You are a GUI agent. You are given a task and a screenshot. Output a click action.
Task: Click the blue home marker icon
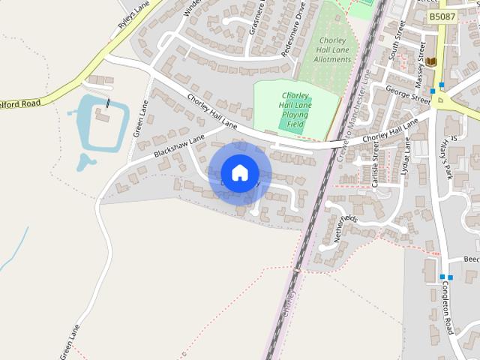pos(239,172)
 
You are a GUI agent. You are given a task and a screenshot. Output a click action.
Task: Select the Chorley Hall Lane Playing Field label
pos(295,109)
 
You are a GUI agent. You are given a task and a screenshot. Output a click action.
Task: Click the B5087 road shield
pos(442,16)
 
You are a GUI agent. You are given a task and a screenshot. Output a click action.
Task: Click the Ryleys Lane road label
pos(133,15)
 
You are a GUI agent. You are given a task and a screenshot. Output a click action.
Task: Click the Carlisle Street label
pos(373,161)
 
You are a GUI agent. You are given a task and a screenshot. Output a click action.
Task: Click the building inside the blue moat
pos(104,116)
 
